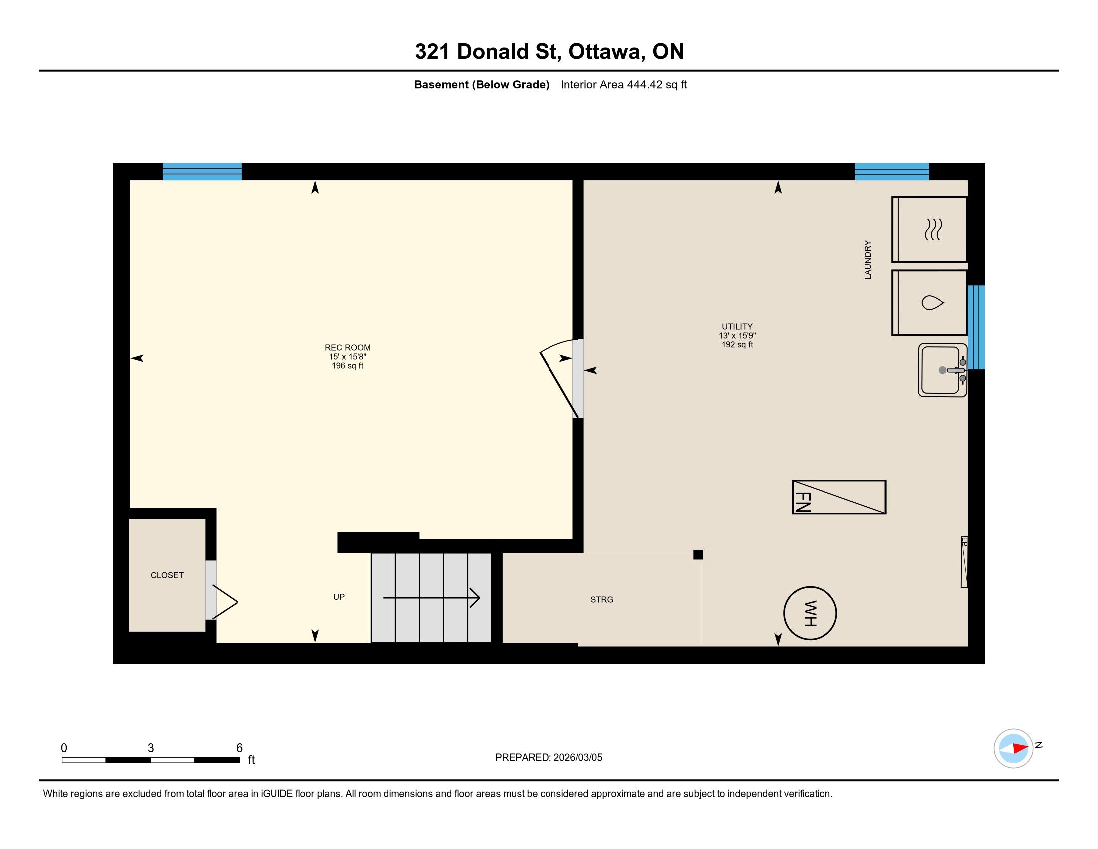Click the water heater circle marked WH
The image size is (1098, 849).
tap(810, 613)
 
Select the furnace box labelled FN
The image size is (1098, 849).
tap(839, 497)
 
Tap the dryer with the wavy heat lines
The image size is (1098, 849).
tap(930, 229)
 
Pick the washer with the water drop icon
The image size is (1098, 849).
tap(930, 303)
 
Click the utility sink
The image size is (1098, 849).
tap(943, 370)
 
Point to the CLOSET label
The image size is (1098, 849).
tap(167, 575)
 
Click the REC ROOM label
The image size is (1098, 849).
tap(347, 348)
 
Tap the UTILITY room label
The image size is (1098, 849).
tap(737, 327)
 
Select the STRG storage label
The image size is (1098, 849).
tap(602, 599)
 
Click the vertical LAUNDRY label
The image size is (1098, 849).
tap(868, 260)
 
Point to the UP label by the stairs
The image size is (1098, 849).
tap(339, 597)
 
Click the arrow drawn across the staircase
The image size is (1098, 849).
tap(431, 597)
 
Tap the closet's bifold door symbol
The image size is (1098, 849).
tap(225, 602)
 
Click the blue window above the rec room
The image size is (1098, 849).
tap(202, 171)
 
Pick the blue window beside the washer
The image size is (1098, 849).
tap(976, 327)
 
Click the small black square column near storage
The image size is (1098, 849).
tap(698, 555)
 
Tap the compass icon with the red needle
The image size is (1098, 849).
tap(1013, 749)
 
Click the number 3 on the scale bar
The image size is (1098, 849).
tap(150, 748)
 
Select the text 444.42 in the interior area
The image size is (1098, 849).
tap(644, 84)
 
